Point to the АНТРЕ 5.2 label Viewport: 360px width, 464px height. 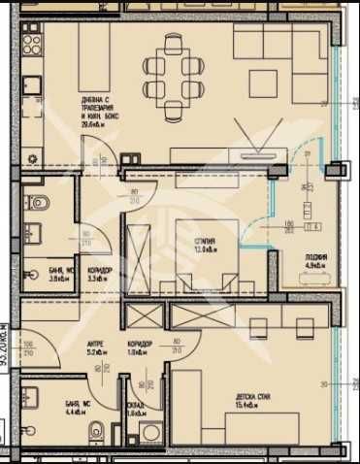[96, 346]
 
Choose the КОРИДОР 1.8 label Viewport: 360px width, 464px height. [140, 347]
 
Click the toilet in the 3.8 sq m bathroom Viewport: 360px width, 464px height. [39, 204]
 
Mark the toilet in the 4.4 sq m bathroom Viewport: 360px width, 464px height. [93, 430]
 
